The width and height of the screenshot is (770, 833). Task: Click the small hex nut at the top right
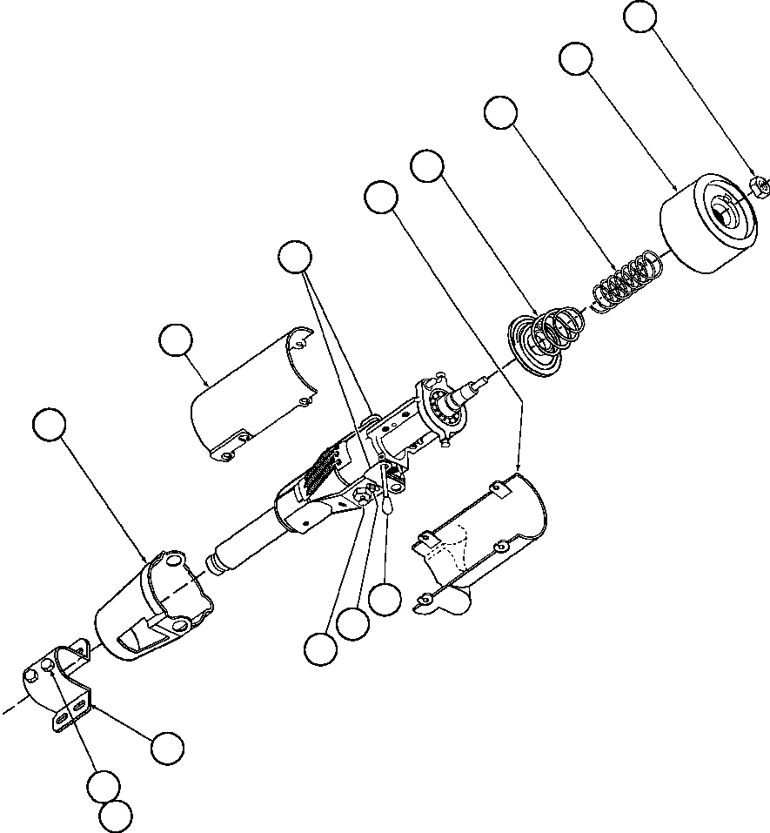tap(757, 185)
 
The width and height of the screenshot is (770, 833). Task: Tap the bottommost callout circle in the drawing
tap(116, 816)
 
